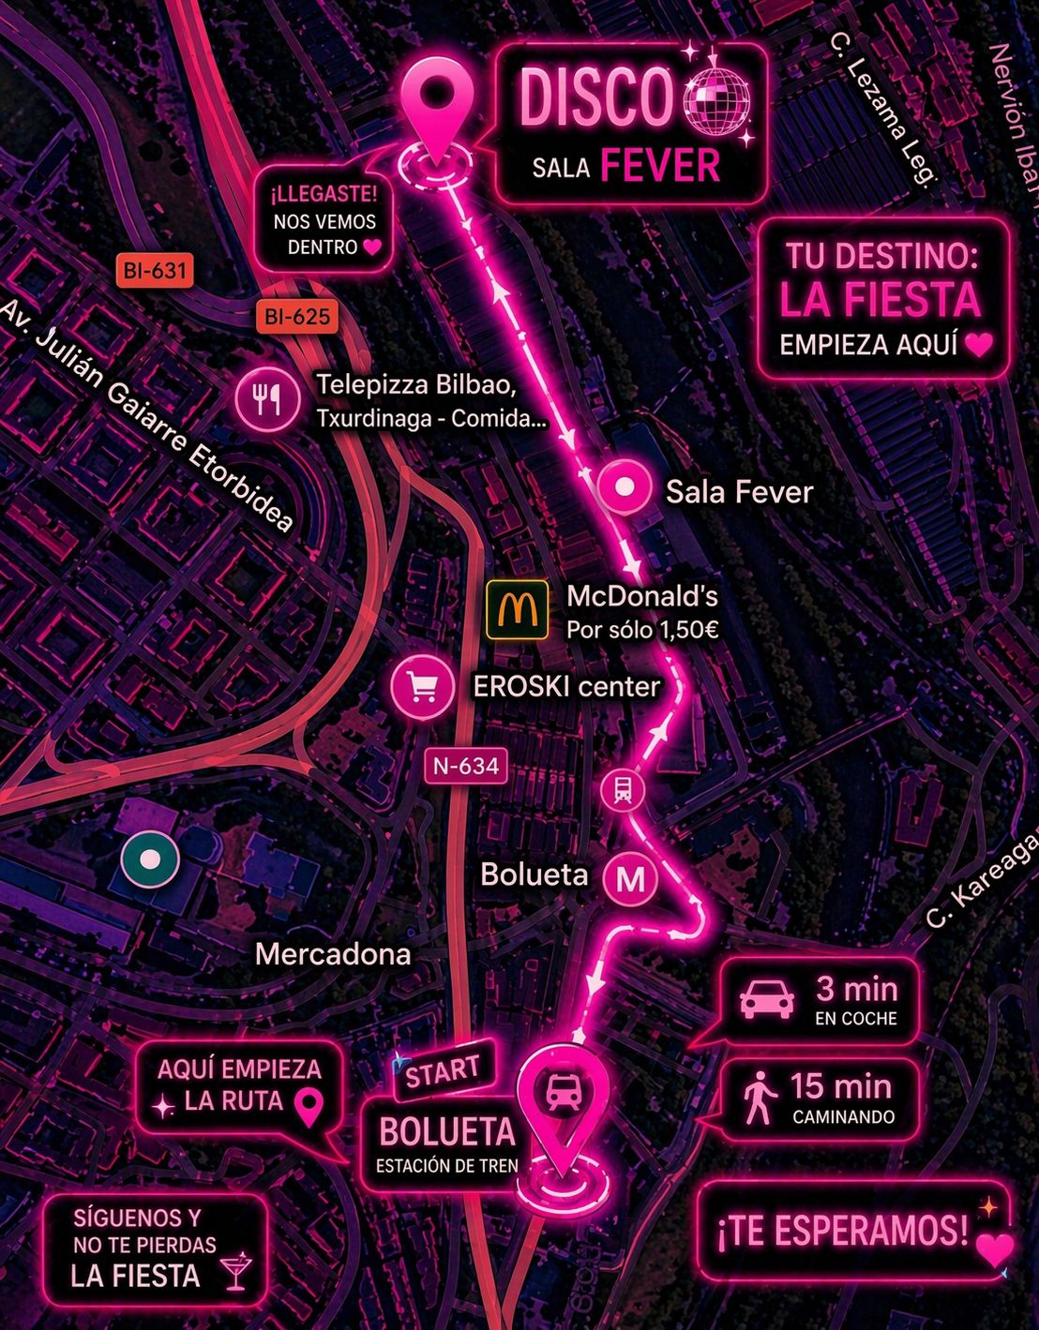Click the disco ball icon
point(718,98)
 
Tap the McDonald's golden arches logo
point(518,610)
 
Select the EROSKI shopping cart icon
point(423,687)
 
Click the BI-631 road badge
point(155,271)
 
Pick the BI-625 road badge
point(297,317)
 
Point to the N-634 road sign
point(466,766)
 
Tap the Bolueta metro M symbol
point(630,878)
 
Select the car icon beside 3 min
point(767,1000)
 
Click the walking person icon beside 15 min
point(759,1098)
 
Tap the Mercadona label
point(333,954)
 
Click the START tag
point(443,1069)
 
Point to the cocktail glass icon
point(235,1270)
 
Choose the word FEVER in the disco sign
point(659,166)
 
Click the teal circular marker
point(149,859)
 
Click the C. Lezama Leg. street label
point(882,109)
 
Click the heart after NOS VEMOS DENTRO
point(372,247)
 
